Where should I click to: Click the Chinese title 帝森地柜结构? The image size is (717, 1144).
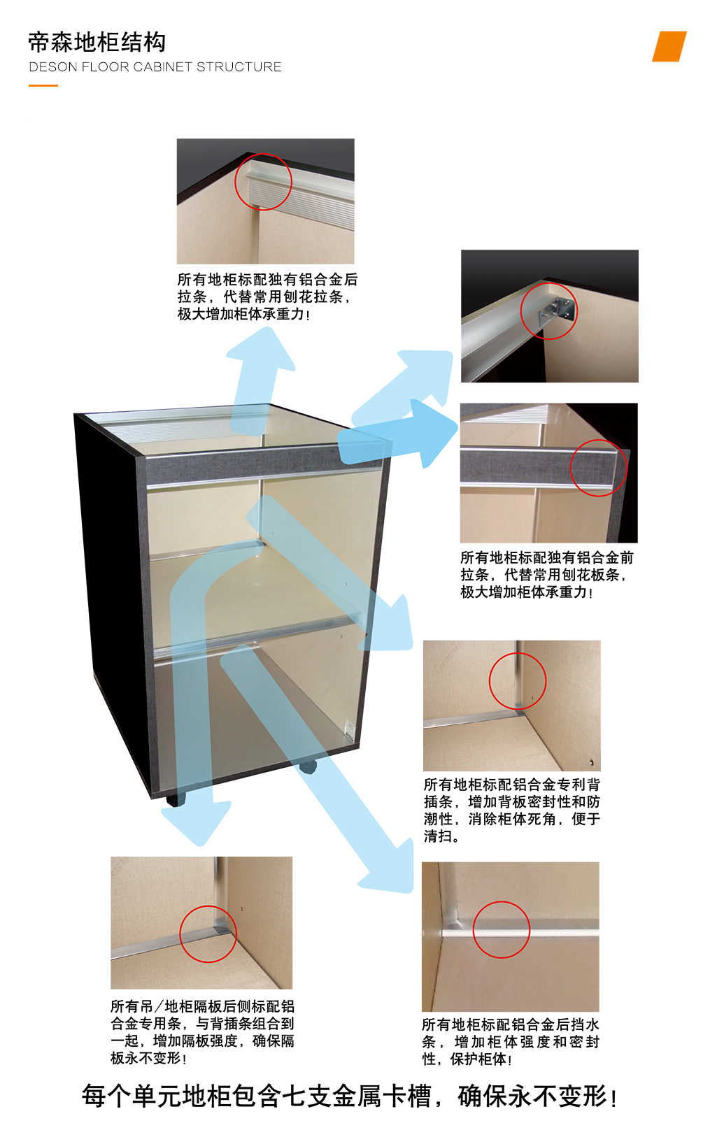point(97,43)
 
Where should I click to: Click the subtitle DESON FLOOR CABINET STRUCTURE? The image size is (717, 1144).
point(155,67)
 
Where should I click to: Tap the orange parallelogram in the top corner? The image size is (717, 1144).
point(669,46)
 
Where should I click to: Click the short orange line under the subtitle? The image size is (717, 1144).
point(43,85)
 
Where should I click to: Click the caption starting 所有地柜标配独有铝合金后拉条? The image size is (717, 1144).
point(267,296)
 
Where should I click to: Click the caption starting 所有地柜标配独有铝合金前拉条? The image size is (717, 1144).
point(547,575)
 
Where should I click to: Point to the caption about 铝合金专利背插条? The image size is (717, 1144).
point(511,810)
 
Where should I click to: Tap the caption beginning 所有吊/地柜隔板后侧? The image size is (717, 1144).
point(202,1031)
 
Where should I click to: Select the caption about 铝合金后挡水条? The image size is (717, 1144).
point(511,1041)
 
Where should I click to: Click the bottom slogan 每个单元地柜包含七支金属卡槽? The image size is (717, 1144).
point(349,1096)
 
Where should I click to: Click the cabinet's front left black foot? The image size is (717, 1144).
point(176,799)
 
